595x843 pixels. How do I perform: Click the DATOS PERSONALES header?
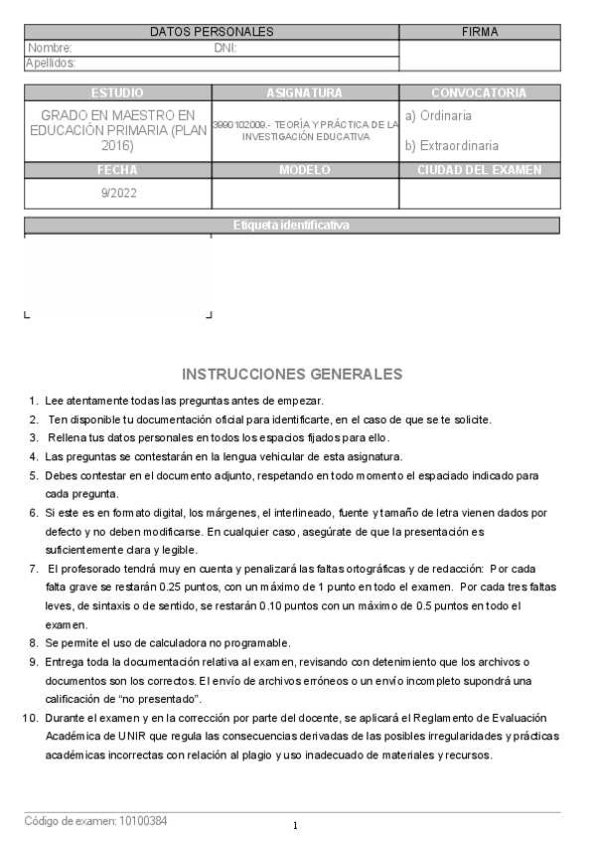tap(212, 32)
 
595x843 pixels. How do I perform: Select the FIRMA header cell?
tap(480, 32)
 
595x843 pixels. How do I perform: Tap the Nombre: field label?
tap(51, 48)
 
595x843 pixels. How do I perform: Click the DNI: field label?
tap(225, 48)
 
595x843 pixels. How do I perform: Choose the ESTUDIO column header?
tap(117, 93)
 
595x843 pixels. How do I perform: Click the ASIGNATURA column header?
tap(305, 93)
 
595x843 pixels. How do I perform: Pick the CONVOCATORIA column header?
tap(479, 93)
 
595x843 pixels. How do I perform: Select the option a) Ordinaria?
tap(438, 115)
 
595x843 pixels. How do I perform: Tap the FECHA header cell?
tap(117, 170)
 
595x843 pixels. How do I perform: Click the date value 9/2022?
tap(119, 194)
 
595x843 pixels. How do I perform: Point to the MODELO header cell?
tap(305, 170)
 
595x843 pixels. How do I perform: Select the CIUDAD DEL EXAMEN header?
tap(479, 170)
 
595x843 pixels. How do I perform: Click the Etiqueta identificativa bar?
tap(291, 225)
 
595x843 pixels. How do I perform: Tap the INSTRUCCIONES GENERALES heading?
tap(292, 375)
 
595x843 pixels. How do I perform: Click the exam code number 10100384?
tap(143, 821)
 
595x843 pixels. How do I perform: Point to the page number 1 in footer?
tap(296, 826)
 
